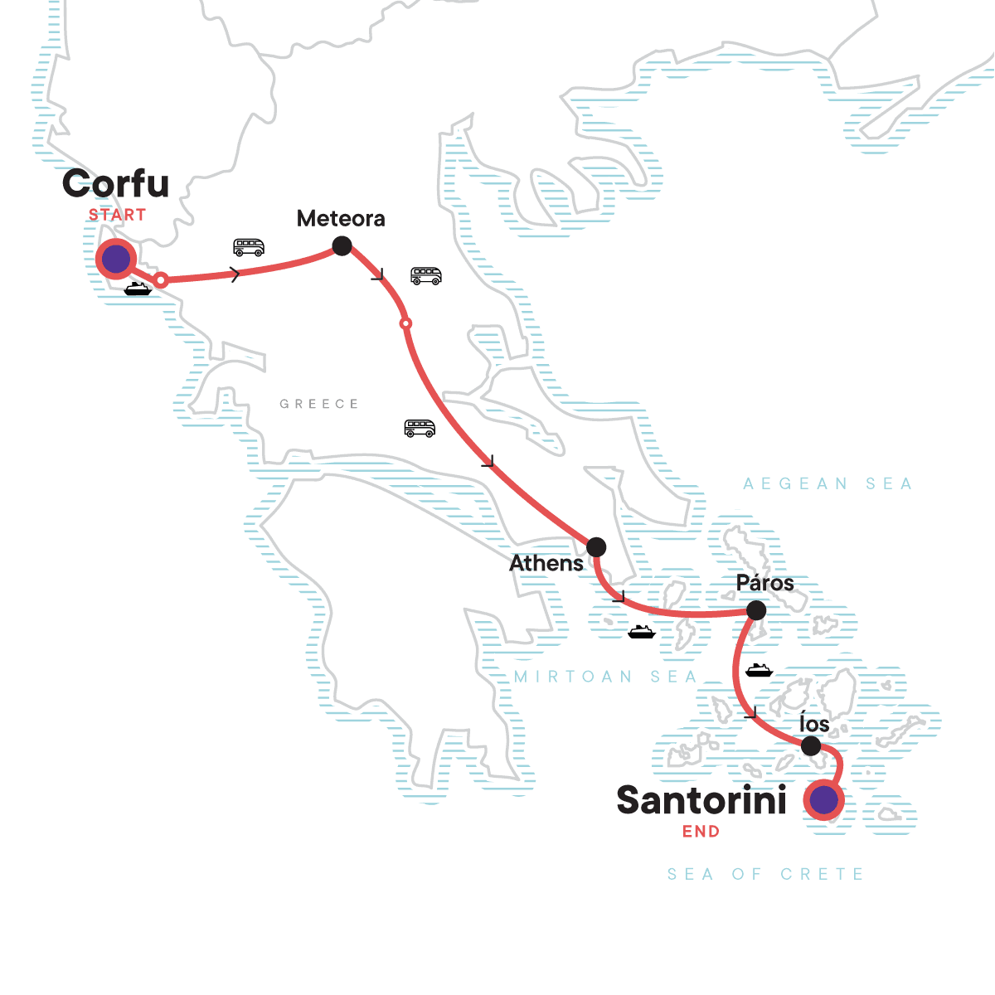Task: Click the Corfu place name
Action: pos(115,184)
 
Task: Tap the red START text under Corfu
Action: pos(117,215)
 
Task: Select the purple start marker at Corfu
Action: pos(115,260)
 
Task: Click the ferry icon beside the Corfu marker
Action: pos(138,289)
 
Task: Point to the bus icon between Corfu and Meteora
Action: pos(249,247)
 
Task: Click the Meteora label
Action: pos(341,219)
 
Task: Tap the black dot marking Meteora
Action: pos(342,245)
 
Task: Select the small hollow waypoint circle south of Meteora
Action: pos(405,323)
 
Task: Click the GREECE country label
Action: pos(319,404)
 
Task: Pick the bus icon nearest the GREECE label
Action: pos(420,428)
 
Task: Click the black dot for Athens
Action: pos(595,547)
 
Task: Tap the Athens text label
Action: pos(546,564)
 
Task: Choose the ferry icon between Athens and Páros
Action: pos(642,633)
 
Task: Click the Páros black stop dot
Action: pos(755,611)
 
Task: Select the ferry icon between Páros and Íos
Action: pos(759,670)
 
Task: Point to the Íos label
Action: pos(813,724)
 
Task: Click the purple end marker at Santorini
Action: pos(823,801)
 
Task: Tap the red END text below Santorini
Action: pos(701,832)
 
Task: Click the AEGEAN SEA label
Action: pos(828,484)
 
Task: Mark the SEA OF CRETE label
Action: pos(765,874)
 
